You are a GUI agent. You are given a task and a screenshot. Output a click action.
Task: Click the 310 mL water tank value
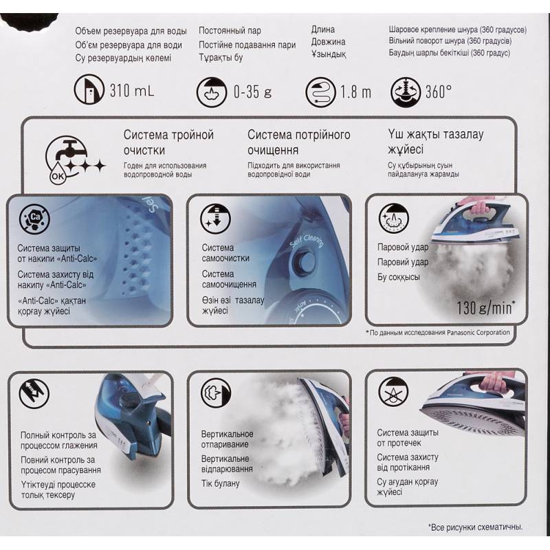(x=132, y=91)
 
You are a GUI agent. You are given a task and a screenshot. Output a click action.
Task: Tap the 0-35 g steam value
(x=252, y=92)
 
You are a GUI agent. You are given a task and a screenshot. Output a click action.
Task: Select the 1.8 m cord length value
(x=355, y=92)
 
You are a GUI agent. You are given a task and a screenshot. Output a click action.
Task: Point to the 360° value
(x=439, y=91)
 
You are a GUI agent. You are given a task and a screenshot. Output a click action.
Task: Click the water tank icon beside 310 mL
(x=89, y=89)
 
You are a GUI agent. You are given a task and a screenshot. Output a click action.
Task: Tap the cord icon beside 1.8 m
(x=320, y=92)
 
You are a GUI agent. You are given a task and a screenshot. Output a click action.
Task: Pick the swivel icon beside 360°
(x=406, y=92)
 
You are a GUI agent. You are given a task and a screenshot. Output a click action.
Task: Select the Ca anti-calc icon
(x=34, y=219)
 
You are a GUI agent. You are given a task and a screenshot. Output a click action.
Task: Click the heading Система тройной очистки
(x=168, y=142)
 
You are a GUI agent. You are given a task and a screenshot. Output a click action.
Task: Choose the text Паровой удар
(x=403, y=247)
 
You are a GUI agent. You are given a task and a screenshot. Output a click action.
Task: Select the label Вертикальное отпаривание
(x=227, y=439)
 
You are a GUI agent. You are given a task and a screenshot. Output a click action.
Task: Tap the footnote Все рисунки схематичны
(x=476, y=527)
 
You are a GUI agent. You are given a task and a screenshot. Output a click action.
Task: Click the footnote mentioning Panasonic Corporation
(x=438, y=333)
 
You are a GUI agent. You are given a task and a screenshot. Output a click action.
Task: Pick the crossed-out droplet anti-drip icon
(x=394, y=392)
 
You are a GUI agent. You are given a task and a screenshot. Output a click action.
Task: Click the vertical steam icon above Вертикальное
(x=216, y=393)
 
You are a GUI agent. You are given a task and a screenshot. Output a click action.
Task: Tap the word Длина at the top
(x=323, y=30)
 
